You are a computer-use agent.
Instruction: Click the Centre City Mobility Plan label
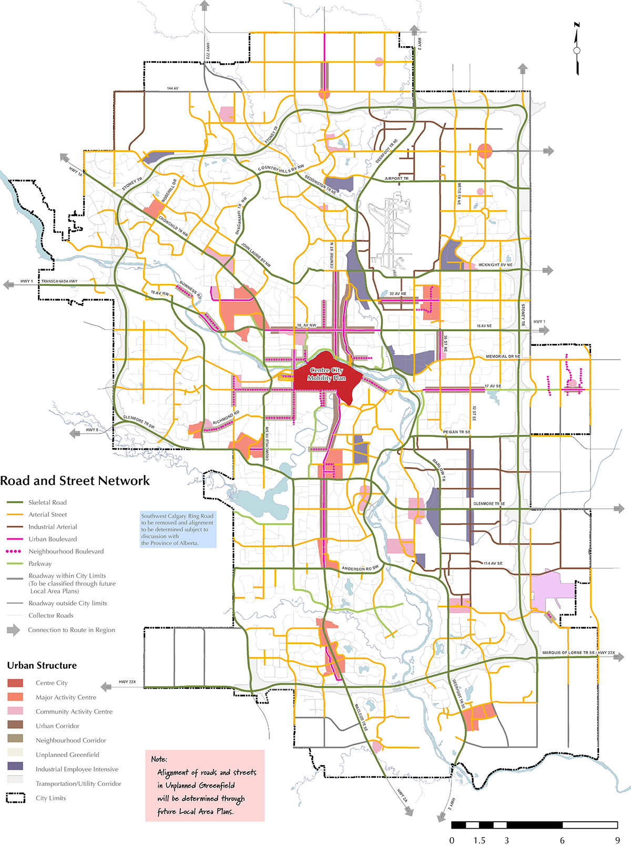[x=327, y=374]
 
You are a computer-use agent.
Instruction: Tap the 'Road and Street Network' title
[x=75, y=481]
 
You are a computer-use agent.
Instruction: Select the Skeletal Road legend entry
[x=47, y=502]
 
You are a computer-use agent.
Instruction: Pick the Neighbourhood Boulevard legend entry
[x=66, y=551]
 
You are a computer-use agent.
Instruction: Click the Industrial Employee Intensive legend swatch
[x=15, y=769]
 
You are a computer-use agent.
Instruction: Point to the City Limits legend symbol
[x=15, y=798]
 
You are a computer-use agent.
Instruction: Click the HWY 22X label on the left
[x=127, y=682]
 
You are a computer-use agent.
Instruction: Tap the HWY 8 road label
[x=92, y=430]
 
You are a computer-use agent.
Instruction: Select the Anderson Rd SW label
[x=360, y=568]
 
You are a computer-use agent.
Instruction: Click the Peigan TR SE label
[x=456, y=432]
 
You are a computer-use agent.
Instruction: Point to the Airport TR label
[x=396, y=179]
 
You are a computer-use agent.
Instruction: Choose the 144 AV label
[x=173, y=88]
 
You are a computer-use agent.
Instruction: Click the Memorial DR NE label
[x=503, y=356]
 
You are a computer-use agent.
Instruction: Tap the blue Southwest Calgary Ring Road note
[x=178, y=529]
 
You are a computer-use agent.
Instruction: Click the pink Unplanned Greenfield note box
[x=205, y=785]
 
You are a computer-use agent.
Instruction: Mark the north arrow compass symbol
[x=577, y=49]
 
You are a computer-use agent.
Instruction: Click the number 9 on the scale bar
[x=617, y=840]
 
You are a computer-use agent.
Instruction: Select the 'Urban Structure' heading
[x=42, y=665]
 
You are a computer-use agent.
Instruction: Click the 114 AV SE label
[x=493, y=563]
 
